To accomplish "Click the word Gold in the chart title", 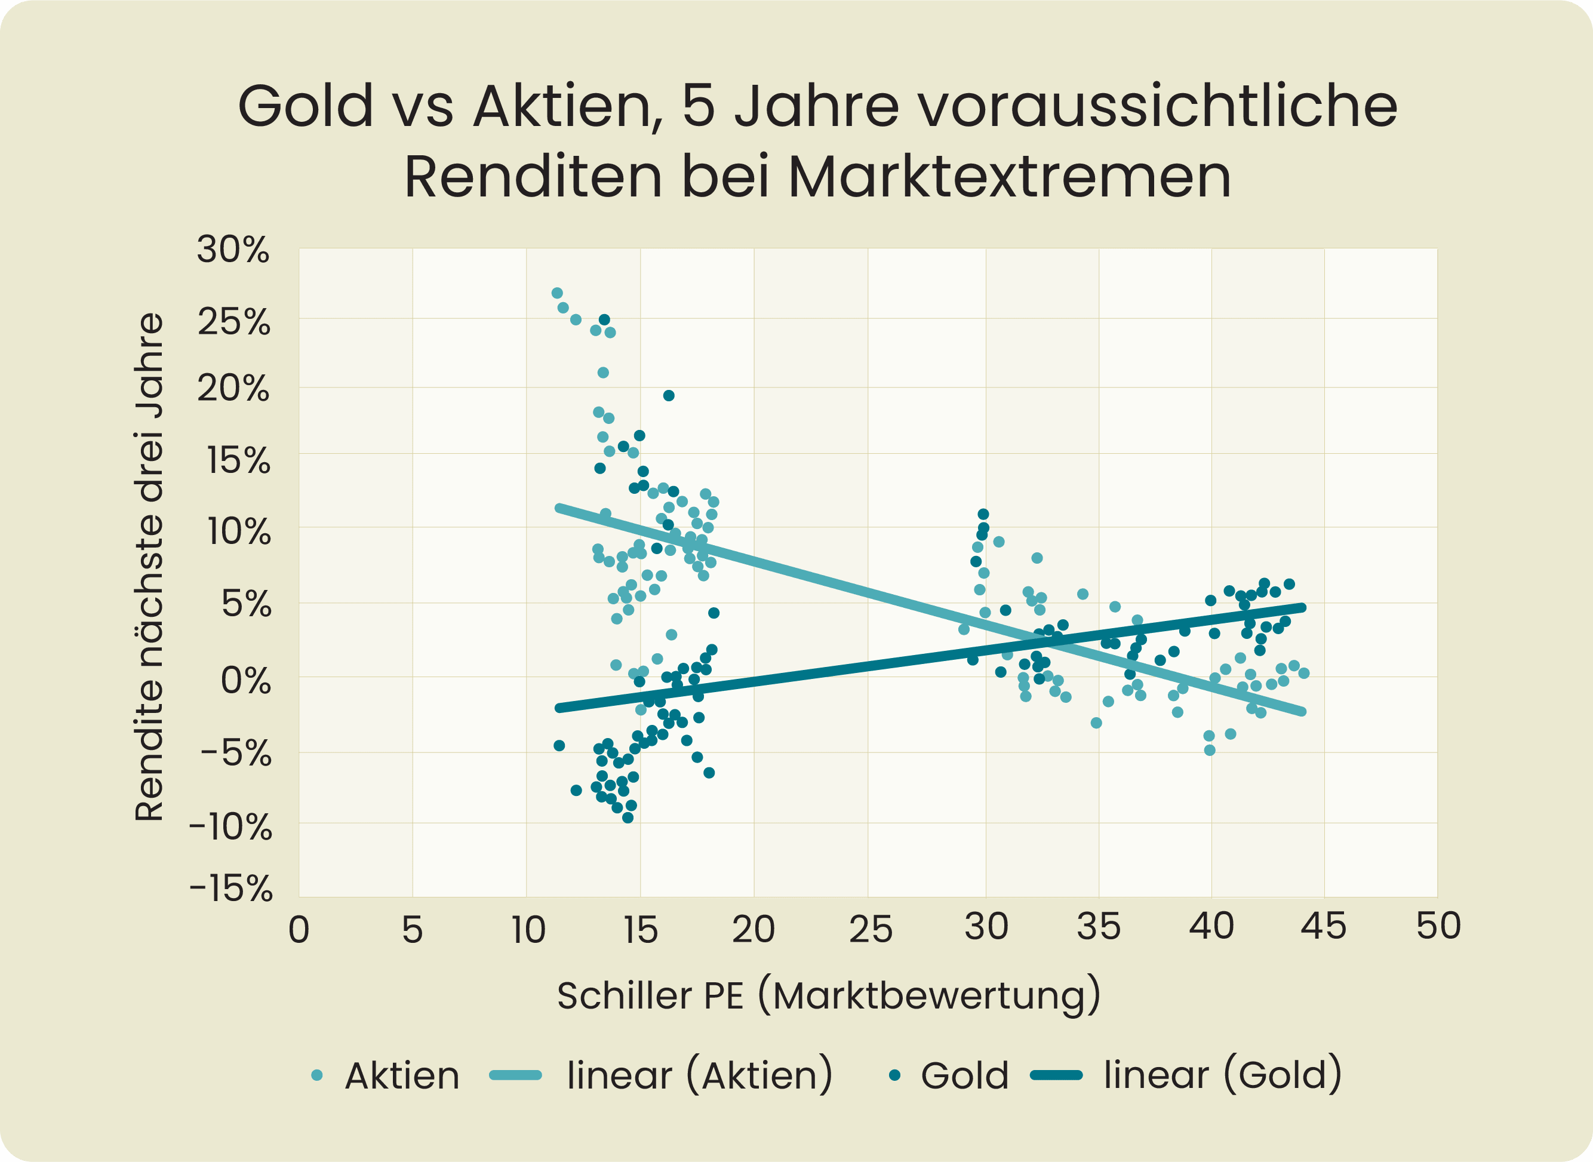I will coord(306,106).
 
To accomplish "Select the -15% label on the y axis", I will coord(230,889).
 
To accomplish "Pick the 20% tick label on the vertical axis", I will coord(233,388).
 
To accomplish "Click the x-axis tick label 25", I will coord(870,929).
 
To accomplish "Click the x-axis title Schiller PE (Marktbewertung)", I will coord(829,996).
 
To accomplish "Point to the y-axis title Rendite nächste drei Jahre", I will coord(149,567).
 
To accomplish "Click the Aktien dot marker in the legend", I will coord(317,1075).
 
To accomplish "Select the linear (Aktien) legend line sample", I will coord(515,1075).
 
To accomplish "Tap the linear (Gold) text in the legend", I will coord(1222,1075).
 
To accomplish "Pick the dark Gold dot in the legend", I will coord(894,1075).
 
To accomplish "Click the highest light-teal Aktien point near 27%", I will coord(557,293).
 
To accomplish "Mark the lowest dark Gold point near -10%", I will coord(628,817).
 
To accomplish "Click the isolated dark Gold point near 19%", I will coord(669,395).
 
